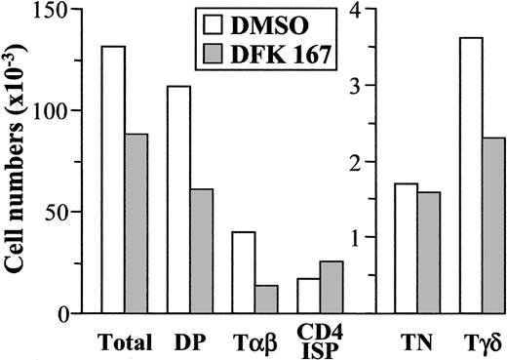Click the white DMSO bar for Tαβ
(x=243, y=272)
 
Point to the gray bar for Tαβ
(x=265, y=299)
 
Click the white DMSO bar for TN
(x=407, y=248)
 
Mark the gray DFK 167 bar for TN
(x=429, y=252)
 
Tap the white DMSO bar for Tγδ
(x=471, y=176)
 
